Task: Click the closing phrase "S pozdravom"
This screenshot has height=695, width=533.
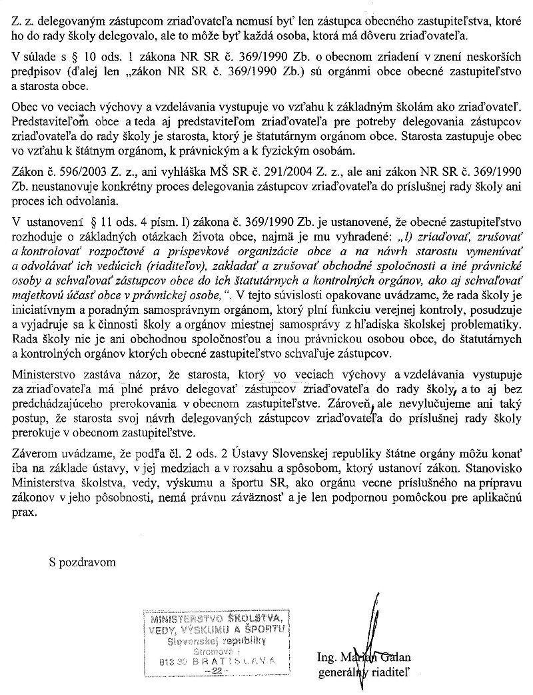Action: [x=82, y=562]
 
